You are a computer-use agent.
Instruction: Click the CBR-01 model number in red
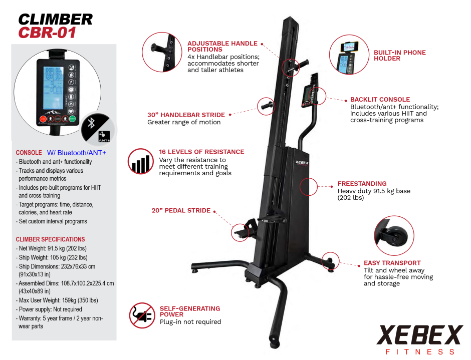47,33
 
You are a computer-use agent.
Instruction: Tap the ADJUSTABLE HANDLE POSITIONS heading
222,46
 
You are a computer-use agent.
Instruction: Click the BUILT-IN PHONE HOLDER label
399,55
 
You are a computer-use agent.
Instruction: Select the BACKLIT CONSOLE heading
380,99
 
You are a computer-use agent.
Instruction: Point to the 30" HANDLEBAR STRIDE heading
186,115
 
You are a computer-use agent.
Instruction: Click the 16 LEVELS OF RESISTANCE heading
201,152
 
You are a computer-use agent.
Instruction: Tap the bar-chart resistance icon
141,161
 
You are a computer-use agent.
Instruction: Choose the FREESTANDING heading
362,183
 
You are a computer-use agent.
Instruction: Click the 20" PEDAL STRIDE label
181,210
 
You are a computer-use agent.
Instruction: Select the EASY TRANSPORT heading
392,263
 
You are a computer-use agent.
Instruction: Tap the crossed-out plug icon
142,315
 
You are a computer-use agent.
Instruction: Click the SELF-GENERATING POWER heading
190,311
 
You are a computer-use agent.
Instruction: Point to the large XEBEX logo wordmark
419,335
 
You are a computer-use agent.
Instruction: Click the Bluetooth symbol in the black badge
91,123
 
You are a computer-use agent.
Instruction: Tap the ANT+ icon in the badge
104,136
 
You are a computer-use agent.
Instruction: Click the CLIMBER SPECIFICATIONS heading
50,239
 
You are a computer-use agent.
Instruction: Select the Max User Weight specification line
58,300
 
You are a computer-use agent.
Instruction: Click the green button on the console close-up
72,119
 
